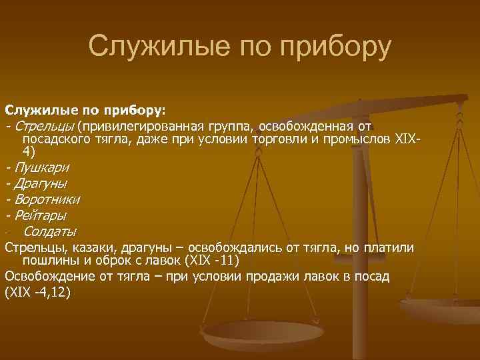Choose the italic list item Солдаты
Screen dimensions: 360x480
(x=49, y=232)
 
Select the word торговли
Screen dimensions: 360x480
(x=281, y=139)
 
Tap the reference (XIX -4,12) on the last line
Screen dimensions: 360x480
(x=37, y=291)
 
